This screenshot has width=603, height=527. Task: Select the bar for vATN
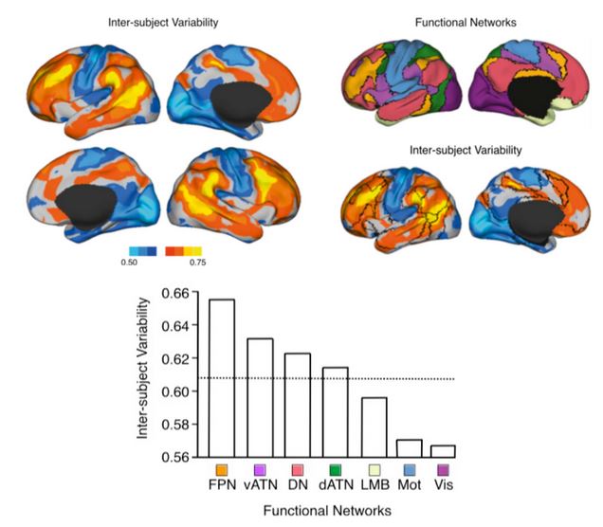(260, 397)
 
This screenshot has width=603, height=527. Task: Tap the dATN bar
(336, 411)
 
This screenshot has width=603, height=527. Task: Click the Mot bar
(410, 447)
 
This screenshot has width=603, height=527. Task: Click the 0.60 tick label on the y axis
(180, 391)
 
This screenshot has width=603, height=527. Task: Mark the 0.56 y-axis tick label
(180, 457)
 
